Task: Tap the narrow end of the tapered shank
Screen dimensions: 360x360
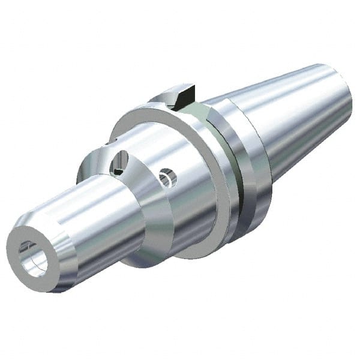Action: pos(342,90)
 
